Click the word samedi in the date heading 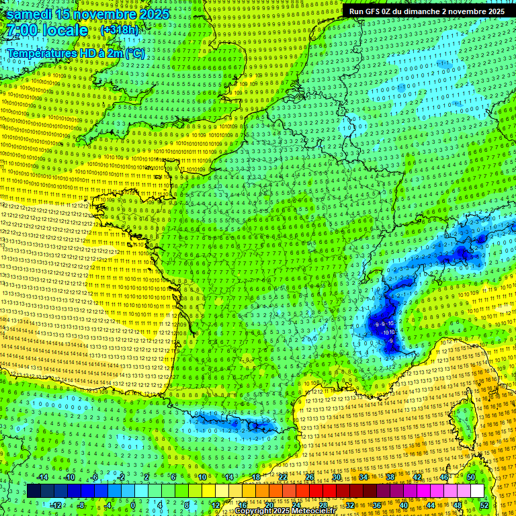pyautogui.click(x=30, y=14)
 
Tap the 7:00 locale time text pyautogui.click(x=48, y=31)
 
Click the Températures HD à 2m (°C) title pyautogui.click(x=75, y=53)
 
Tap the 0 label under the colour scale pyautogui.click(x=133, y=505)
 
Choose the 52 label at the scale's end pyautogui.click(x=484, y=505)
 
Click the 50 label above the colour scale pyautogui.click(x=470, y=477)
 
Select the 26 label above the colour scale pyautogui.click(x=309, y=477)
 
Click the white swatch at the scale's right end pyautogui.click(x=477, y=491)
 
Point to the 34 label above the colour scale pyautogui.click(x=363, y=477)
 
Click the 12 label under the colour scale pyautogui.click(x=216, y=505)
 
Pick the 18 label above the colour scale pyautogui.click(x=255, y=477)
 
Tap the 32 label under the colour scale pyautogui.click(x=350, y=505)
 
